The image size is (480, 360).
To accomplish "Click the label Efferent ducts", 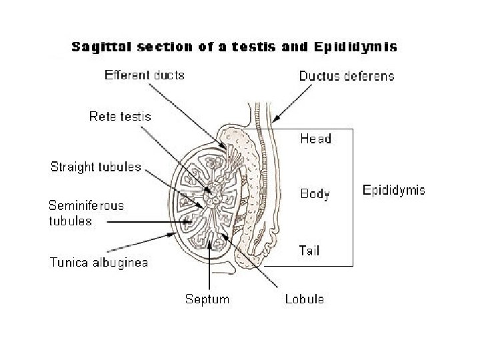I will coord(145,75).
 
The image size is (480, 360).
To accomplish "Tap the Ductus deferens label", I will coord(347,76).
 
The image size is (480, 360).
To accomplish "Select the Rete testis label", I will coord(121,117).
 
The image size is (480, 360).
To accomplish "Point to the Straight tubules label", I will coord(96,167).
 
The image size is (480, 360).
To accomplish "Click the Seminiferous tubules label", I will coord(86,213).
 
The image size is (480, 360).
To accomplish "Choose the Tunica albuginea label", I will coord(99,262).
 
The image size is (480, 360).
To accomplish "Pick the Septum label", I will coord(207,299).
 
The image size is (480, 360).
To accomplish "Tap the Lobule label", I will coord(304,299).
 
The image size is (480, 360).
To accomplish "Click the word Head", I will coord(315,139).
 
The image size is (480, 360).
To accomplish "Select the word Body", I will coord(315,194).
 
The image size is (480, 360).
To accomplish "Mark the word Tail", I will coord(309,251).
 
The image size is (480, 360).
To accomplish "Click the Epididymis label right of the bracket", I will coord(393,190).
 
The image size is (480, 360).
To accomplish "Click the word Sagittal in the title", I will coord(100,47).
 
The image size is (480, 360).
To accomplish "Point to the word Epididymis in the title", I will coord(357,47).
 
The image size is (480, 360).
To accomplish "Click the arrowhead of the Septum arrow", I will coord(211,241).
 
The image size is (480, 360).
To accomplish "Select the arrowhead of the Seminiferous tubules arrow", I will coord(191,221).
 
